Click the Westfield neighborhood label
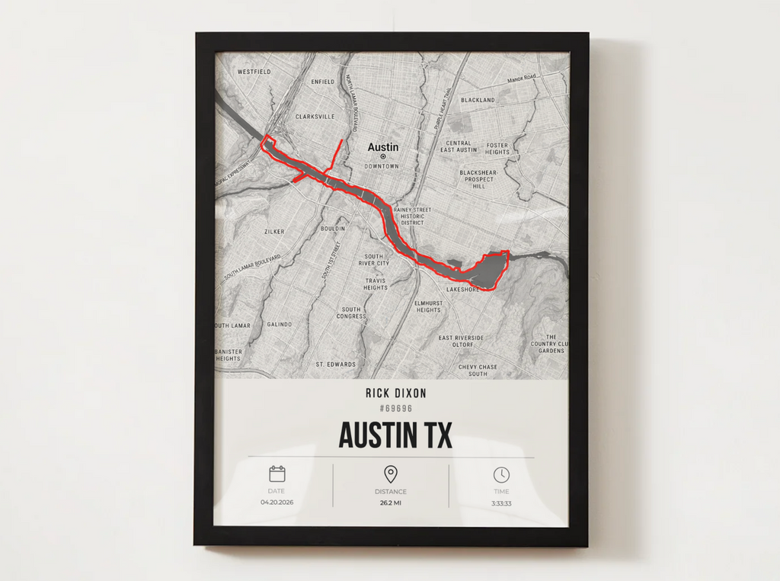(254, 72)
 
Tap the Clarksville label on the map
(315, 117)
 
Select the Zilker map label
(273, 231)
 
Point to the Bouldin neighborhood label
(332, 228)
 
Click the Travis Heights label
(375, 284)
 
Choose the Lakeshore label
(462, 290)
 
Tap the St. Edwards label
(336, 364)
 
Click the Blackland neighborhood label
(478, 100)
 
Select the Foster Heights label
(497, 148)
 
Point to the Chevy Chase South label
(478, 371)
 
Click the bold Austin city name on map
(382, 147)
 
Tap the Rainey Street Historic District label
(412, 216)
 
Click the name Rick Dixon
(395, 393)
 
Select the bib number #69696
(395, 409)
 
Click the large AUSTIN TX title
(395, 435)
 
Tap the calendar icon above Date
(277, 474)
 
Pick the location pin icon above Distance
(391, 474)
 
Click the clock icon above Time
(500, 474)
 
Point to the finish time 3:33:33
(501, 503)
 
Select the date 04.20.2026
(277, 502)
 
